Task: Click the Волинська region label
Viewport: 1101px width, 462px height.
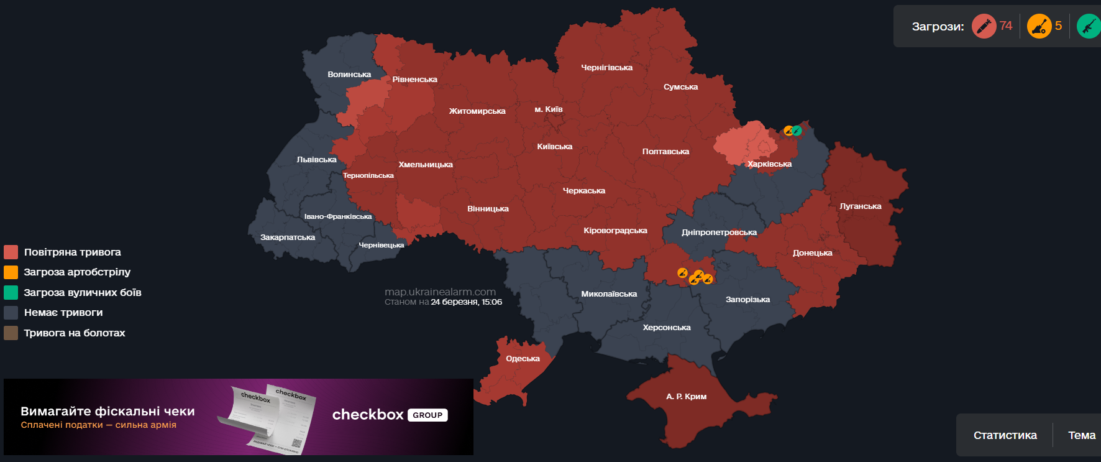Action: (x=349, y=75)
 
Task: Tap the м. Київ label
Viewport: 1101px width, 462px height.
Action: (x=549, y=109)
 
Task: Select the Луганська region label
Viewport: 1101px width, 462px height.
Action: (x=861, y=206)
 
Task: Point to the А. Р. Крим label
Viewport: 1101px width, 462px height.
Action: (x=686, y=397)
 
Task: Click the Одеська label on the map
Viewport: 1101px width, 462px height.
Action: (x=523, y=359)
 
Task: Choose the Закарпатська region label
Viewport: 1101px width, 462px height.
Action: (x=288, y=238)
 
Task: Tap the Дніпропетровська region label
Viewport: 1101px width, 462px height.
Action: (x=719, y=233)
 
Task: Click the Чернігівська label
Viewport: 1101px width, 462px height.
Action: (x=606, y=68)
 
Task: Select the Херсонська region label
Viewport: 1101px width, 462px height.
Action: (x=667, y=328)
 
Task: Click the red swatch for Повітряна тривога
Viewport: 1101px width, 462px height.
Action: (x=11, y=252)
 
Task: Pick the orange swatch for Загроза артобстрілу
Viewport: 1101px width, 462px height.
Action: (x=11, y=272)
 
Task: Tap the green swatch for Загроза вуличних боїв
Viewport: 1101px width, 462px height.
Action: (x=11, y=292)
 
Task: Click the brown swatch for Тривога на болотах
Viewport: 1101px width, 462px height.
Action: (x=11, y=333)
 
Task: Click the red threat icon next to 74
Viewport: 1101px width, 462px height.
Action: (x=984, y=26)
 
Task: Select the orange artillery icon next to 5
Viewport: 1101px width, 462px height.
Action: (x=1039, y=26)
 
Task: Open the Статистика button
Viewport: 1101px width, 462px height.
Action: (x=1005, y=435)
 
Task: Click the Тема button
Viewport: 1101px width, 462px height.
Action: (x=1081, y=435)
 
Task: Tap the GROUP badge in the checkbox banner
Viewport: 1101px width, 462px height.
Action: (x=427, y=415)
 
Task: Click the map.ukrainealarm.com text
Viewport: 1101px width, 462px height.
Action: (x=440, y=292)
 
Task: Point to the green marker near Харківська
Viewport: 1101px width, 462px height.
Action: (x=797, y=131)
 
